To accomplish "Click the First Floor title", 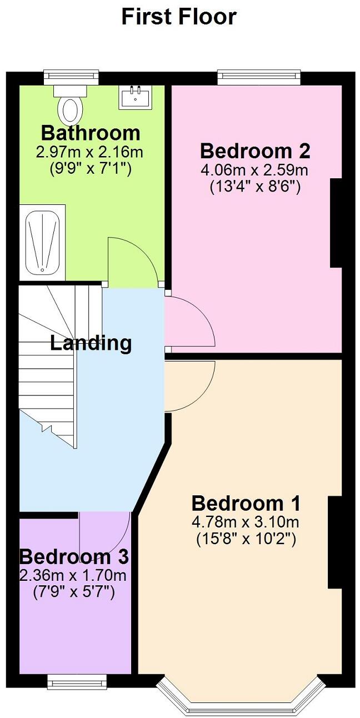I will tap(179, 17).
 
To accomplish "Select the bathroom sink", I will tap(135, 97).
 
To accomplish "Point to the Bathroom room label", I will tap(91, 133).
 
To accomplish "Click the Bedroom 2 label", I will tap(255, 151).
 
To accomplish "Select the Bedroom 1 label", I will tap(246, 504).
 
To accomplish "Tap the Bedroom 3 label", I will tap(74, 556).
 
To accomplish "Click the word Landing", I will tap(91, 343).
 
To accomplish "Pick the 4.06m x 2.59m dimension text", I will tap(255, 169).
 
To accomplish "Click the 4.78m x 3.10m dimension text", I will tap(246, 522).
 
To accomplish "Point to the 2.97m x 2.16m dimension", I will tap(91, 152).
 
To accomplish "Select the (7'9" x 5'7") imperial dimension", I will tap(74, 592).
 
